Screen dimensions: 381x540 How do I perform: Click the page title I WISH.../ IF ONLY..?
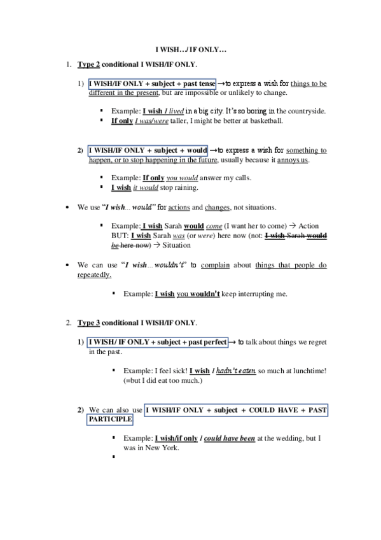(191, 49)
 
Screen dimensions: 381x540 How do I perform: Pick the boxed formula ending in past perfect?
(158, 343)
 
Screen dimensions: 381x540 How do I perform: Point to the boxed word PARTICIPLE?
(111, 420)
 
